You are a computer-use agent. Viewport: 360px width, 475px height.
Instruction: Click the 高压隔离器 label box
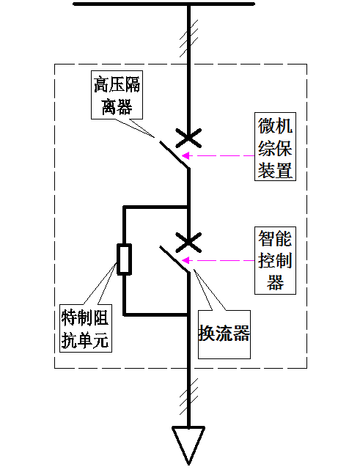pos(117,95)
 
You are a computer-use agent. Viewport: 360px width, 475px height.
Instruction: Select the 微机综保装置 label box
pos(275,147)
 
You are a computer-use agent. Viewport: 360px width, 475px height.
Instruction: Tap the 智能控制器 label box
pos(275,260)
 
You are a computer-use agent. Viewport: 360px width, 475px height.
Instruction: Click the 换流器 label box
pos(224,334)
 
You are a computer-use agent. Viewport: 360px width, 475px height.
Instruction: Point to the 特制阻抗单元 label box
pos(86,328)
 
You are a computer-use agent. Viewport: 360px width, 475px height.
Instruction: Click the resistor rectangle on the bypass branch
pos(124,259)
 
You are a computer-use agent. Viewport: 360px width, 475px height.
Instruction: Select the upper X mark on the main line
pos(188,138)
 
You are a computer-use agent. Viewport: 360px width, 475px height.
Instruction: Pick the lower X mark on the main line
pos(188,243)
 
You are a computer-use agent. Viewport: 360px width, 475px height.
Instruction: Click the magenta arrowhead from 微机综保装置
pos(185,155)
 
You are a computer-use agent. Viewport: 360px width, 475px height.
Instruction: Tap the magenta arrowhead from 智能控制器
pos(185,260)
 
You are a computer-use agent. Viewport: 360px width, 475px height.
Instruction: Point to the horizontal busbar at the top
pos(164,4)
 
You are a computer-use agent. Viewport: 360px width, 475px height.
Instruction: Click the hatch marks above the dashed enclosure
pos(188,38)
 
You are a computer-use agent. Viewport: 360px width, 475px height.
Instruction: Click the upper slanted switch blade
pos(174,154)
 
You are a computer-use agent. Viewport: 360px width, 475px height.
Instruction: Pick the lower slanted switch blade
pos(175,259)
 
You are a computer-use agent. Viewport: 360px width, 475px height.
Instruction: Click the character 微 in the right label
pos(267,125)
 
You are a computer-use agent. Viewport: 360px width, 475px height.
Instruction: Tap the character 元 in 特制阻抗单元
pos(101,340)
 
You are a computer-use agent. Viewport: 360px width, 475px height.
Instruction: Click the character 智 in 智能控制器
pos(267,239)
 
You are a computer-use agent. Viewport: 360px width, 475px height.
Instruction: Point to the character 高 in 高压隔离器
pos(101,84)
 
